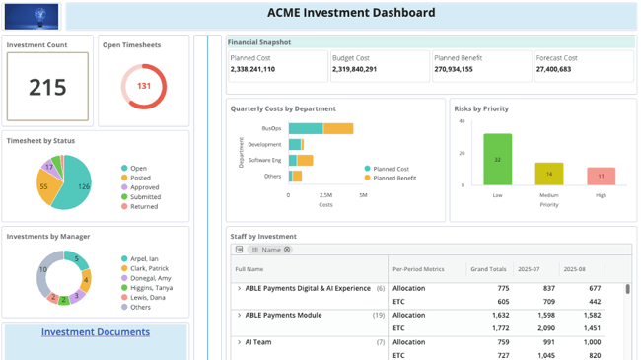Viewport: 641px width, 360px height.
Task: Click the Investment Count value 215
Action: pyautogui.click(x=47, y=88)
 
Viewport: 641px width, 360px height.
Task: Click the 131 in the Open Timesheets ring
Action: pyautogui.click(x=144, y=86)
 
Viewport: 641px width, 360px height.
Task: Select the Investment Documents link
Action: pyautogui.click(x=96, y=332)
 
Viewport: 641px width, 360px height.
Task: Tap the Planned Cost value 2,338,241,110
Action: pyautogui.click(x=253, y=70)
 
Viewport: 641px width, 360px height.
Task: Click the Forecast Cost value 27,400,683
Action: pyautogui.click(x=554, y=70)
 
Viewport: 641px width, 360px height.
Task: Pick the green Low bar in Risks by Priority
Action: pyautogui.click(x=498, y=160)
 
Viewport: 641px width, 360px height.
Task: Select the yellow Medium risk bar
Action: pyautogui.click(x=549, y=174)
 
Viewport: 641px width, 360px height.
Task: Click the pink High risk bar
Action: pyautogui.click(x=601, y=177)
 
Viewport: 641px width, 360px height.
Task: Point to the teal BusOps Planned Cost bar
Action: pyautogui.click(x=306, y=129)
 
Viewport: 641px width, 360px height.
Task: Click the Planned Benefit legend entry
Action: pyautogui.click(x=394, y=179)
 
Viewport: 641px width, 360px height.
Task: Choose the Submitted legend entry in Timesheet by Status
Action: pyautogui.click(x=146, y=197)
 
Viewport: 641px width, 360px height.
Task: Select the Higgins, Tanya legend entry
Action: pyautogui.click(x=152, y=288)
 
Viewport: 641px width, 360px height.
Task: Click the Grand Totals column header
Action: pyautogui.click(x=489, y=268)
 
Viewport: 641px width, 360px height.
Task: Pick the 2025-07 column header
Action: pyautogui.click(x=530, y=268)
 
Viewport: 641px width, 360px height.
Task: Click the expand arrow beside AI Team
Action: pyautogui.click(x=239, y=342)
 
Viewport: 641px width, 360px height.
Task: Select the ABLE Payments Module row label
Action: pyautogui.click(x=283, y=316)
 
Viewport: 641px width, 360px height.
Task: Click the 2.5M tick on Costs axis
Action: pyautogui.click(x=325, y=195)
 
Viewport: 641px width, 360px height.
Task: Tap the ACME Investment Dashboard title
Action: pyautogui.click(x=351, y=14)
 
